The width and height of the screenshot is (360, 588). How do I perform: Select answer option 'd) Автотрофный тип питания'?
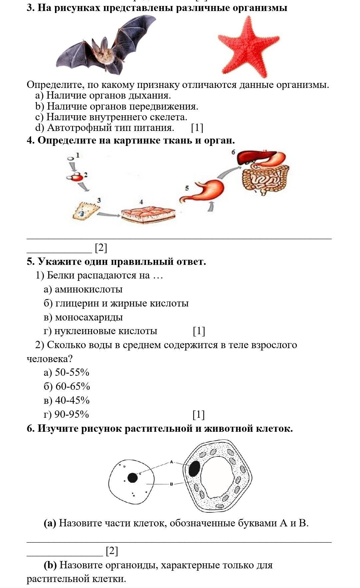pyautogui.click(x=105, y=128)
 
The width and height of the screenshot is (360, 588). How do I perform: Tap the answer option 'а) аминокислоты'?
pyautogui.click(x=83, y=289)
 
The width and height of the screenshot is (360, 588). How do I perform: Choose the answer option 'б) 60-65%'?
pyautogui.click(x=67, y=386)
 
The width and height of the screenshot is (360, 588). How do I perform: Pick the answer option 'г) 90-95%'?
pyautogui.click(x=66, y=414)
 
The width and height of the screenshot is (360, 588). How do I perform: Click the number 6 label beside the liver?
pyautogui.click(x=233, y=152)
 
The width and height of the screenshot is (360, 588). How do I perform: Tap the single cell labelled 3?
pyautogui.click(x=85, y=211)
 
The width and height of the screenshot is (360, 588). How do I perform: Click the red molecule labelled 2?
pyautogui.click(x=77, y=177)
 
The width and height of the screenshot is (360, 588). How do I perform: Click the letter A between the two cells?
pyautogui.click(x=171, y=462)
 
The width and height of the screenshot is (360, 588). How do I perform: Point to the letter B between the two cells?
pyautogui.click(x=171, y=484)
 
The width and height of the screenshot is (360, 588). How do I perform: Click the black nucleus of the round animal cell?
pyautogui.click(x=132, y=477)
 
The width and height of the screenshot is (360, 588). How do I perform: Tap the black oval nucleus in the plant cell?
pyautogui.click(x=194, y=468)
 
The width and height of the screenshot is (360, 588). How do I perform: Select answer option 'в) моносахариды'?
pyautogui.click(x=83, y=317)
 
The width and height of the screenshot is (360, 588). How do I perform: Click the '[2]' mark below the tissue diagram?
pyautogui.click(x=101, y=248)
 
